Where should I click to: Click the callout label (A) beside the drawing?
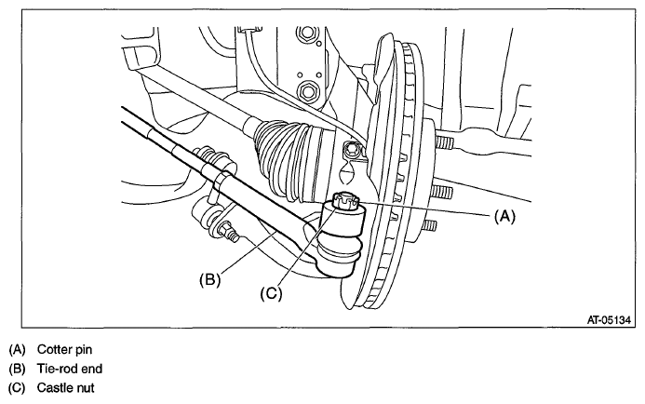tap(504, 216)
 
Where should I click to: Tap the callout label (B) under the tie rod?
tap(212, 276)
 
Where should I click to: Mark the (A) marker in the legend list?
tap(17, 349)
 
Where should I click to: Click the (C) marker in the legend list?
tap(17, 386)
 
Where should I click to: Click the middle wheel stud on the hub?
tap(441, 193)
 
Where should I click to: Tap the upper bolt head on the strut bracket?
tap(304, 36)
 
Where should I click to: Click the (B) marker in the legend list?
tap(17, 368)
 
